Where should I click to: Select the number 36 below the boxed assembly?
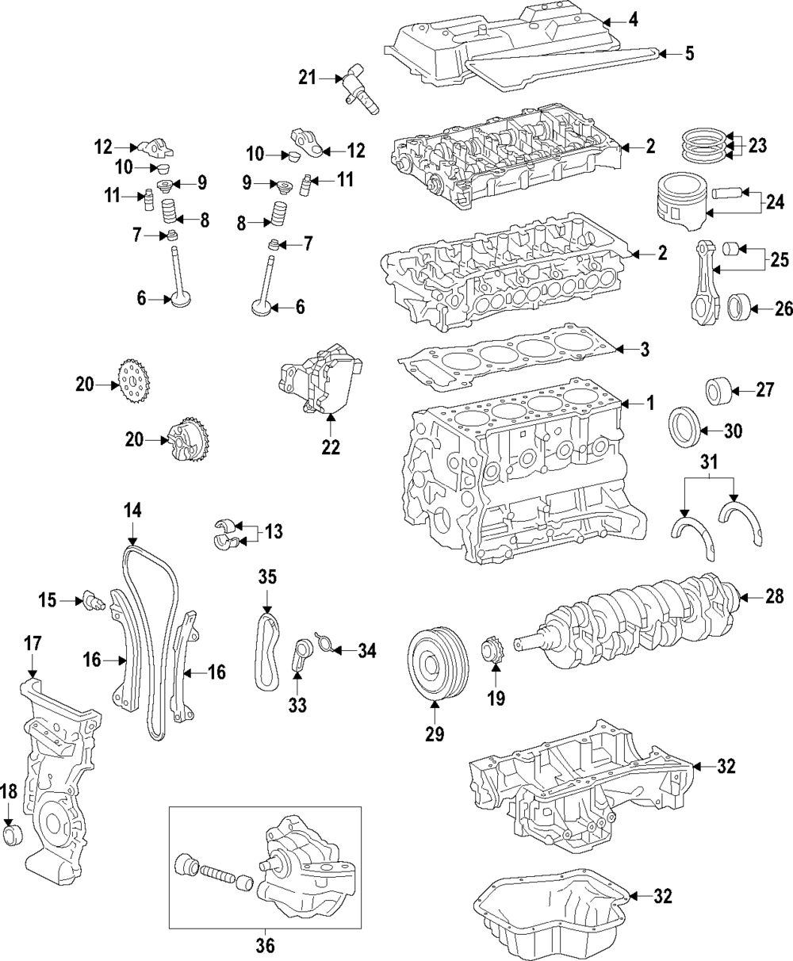tap(266, 945)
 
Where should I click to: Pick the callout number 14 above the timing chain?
tap(132, 511)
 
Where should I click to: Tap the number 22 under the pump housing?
tap(330, 447)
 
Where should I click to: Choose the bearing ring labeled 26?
tap(739, 306)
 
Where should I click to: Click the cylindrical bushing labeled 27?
tap(719, 390)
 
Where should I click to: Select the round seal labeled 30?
tap(684, 430)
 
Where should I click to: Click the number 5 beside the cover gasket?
tap(688, 54)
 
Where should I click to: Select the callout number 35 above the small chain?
tap(266, 577)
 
